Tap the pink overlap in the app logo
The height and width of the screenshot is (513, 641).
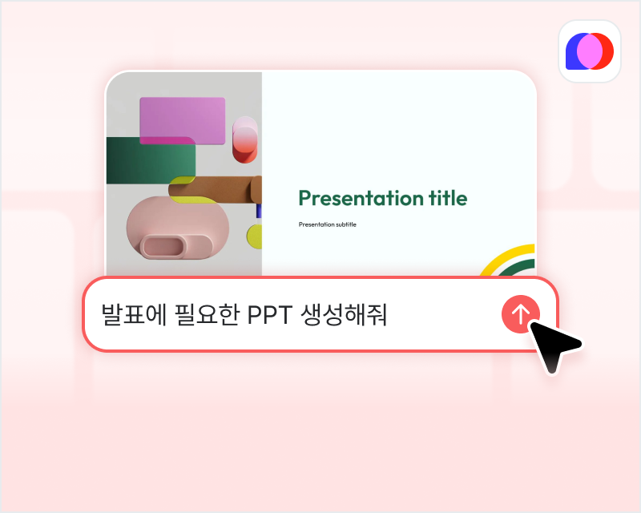click(590, 51)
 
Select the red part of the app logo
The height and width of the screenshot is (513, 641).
click(607, 51)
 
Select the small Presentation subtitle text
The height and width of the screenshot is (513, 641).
click(327, 224)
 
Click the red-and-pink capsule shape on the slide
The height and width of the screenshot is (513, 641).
click(245, 141)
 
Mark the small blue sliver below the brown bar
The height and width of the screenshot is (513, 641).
click(259, 212)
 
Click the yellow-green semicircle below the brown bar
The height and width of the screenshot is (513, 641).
click(254, 236)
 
